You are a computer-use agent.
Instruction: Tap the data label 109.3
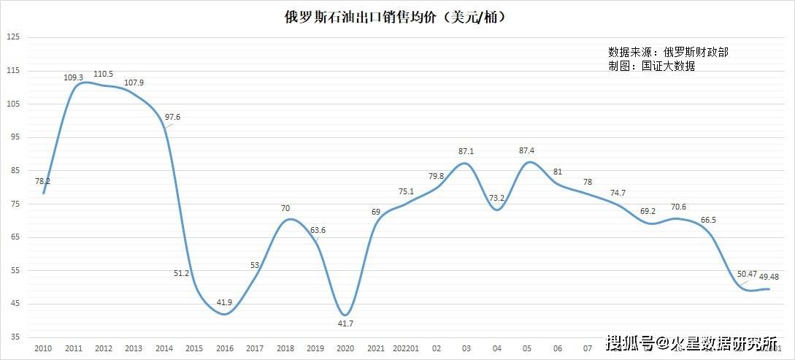pos(74,77)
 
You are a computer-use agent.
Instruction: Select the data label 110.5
pos(104,74)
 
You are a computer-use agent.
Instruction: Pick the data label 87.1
pos(465,151)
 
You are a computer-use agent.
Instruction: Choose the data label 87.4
pos(526,150)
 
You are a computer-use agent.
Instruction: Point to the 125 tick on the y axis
pos(12,37)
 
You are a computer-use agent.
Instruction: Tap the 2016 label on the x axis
pos(225,349)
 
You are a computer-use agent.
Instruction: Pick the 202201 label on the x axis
pos(406,349)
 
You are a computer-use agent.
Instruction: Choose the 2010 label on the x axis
pos(44,349)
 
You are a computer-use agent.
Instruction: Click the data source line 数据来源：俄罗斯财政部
pos(668,52)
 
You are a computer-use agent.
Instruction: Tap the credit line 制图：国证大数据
pos(651,66)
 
